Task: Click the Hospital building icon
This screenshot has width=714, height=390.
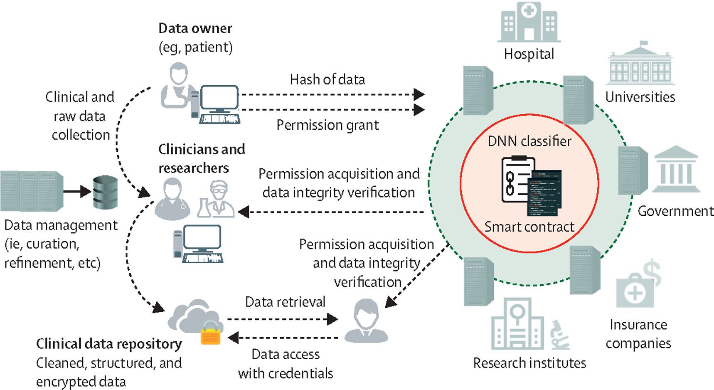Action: (529, 22)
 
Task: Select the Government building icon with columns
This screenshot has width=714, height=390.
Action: (676, 169)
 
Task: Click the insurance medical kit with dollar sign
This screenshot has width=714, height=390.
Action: (638, 284)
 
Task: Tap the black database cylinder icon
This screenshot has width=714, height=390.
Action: (105, 192)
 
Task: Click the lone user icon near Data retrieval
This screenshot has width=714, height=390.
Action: (366, 321)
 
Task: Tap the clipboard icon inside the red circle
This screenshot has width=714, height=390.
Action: (518, 180)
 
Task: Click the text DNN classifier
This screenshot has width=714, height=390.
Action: (529, 141)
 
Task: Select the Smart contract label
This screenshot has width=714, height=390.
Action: (529, 227)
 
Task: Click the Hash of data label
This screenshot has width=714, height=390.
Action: (327, 79)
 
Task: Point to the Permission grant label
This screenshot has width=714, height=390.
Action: (327, 125)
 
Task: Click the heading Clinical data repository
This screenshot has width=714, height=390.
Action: (109, 344)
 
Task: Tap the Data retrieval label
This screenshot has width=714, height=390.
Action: (285, 302)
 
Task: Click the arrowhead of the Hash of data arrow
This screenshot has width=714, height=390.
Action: (419, 94)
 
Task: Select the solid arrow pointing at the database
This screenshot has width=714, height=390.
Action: (77, 192)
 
